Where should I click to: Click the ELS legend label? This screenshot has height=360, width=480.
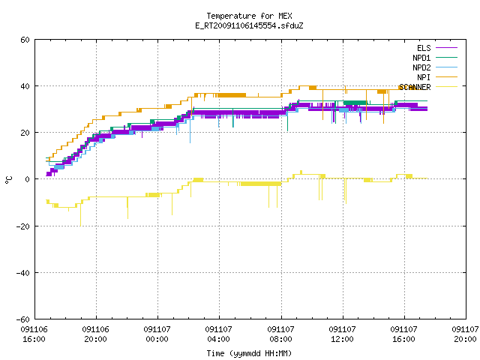pos(424,48)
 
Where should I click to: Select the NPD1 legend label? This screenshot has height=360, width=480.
pos(421,58)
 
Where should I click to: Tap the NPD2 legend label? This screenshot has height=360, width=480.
pos(421,67)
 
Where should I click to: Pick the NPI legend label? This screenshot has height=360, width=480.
pos(424,77)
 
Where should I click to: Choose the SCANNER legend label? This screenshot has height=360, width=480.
pos(415,87)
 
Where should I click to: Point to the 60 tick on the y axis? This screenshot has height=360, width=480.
pos(25,40)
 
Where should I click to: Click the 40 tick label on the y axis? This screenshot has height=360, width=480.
pos(25,86)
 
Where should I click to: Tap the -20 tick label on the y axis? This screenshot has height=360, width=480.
pos(23,226)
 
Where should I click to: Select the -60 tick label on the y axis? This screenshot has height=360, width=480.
pos(23,319)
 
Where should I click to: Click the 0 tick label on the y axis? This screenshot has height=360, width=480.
pos(28,179)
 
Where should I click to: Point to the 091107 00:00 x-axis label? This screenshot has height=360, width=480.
pos(157,334)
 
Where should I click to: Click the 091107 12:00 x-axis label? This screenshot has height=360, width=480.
pos(342,334)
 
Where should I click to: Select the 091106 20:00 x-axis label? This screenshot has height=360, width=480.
pos(95,334)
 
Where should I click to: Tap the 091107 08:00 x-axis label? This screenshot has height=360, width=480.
pos(280,334)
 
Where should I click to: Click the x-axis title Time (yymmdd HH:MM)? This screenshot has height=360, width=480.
pos(249,353)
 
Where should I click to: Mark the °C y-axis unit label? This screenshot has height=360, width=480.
pos(8,180)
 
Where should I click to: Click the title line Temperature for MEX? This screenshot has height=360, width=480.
pos(249,16)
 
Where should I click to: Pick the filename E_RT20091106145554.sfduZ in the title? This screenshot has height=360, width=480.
pos(249,25)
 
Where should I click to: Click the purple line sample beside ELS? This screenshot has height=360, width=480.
pos(446,48)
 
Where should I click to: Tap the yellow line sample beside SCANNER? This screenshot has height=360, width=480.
pos(446,87)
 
